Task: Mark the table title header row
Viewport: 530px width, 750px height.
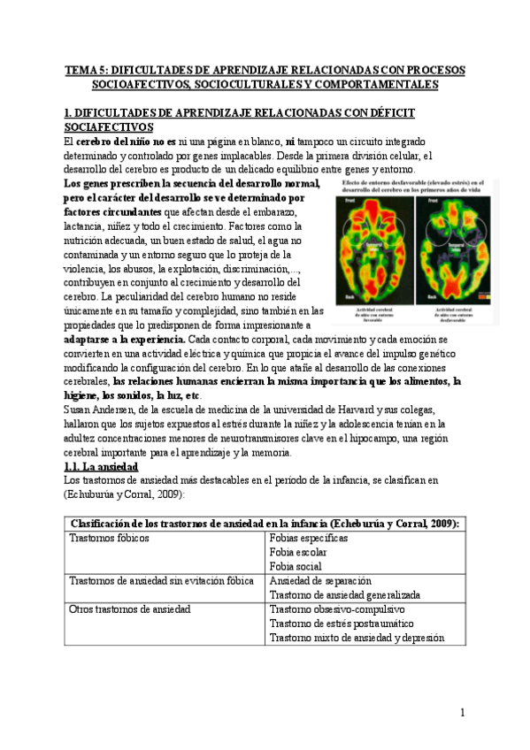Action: point(265,523)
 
